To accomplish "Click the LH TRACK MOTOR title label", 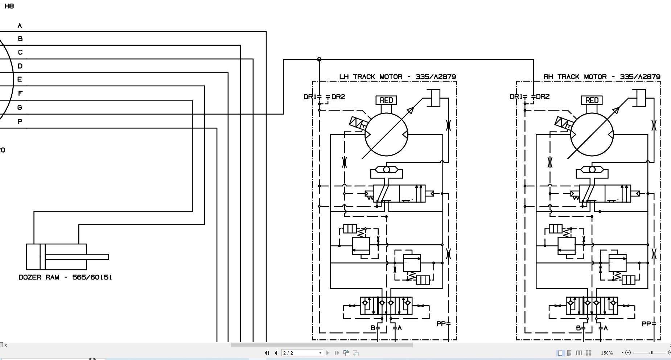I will [397, 77].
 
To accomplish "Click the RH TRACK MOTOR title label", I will [602, 77].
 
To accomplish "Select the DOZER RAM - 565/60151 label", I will [65, 277].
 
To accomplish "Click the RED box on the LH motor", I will [386, 100].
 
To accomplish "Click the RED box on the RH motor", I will [592, 100].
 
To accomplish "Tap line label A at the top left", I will [20, 26].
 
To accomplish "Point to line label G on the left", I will [20, 107].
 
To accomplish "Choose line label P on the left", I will [20, 121].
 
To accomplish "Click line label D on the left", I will [20, 66].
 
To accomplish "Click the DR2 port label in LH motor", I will [338, 97].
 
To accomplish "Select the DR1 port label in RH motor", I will [516, 96].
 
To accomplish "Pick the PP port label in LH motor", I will [441, 324].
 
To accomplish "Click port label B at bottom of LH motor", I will [373, 328].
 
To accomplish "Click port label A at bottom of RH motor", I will [605, 328].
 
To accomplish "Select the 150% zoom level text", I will [607, 353].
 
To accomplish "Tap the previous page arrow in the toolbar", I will [276, 353].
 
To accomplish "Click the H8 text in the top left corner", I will [9, 6].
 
